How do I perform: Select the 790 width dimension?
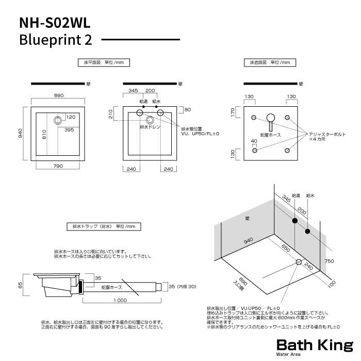point(58,166)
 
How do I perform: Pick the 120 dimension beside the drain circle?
point(71,117)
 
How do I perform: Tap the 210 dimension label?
point(111,114)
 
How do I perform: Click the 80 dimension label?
point(188,109)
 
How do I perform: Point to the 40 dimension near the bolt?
point(254,141)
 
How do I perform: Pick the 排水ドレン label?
point(151,126)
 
